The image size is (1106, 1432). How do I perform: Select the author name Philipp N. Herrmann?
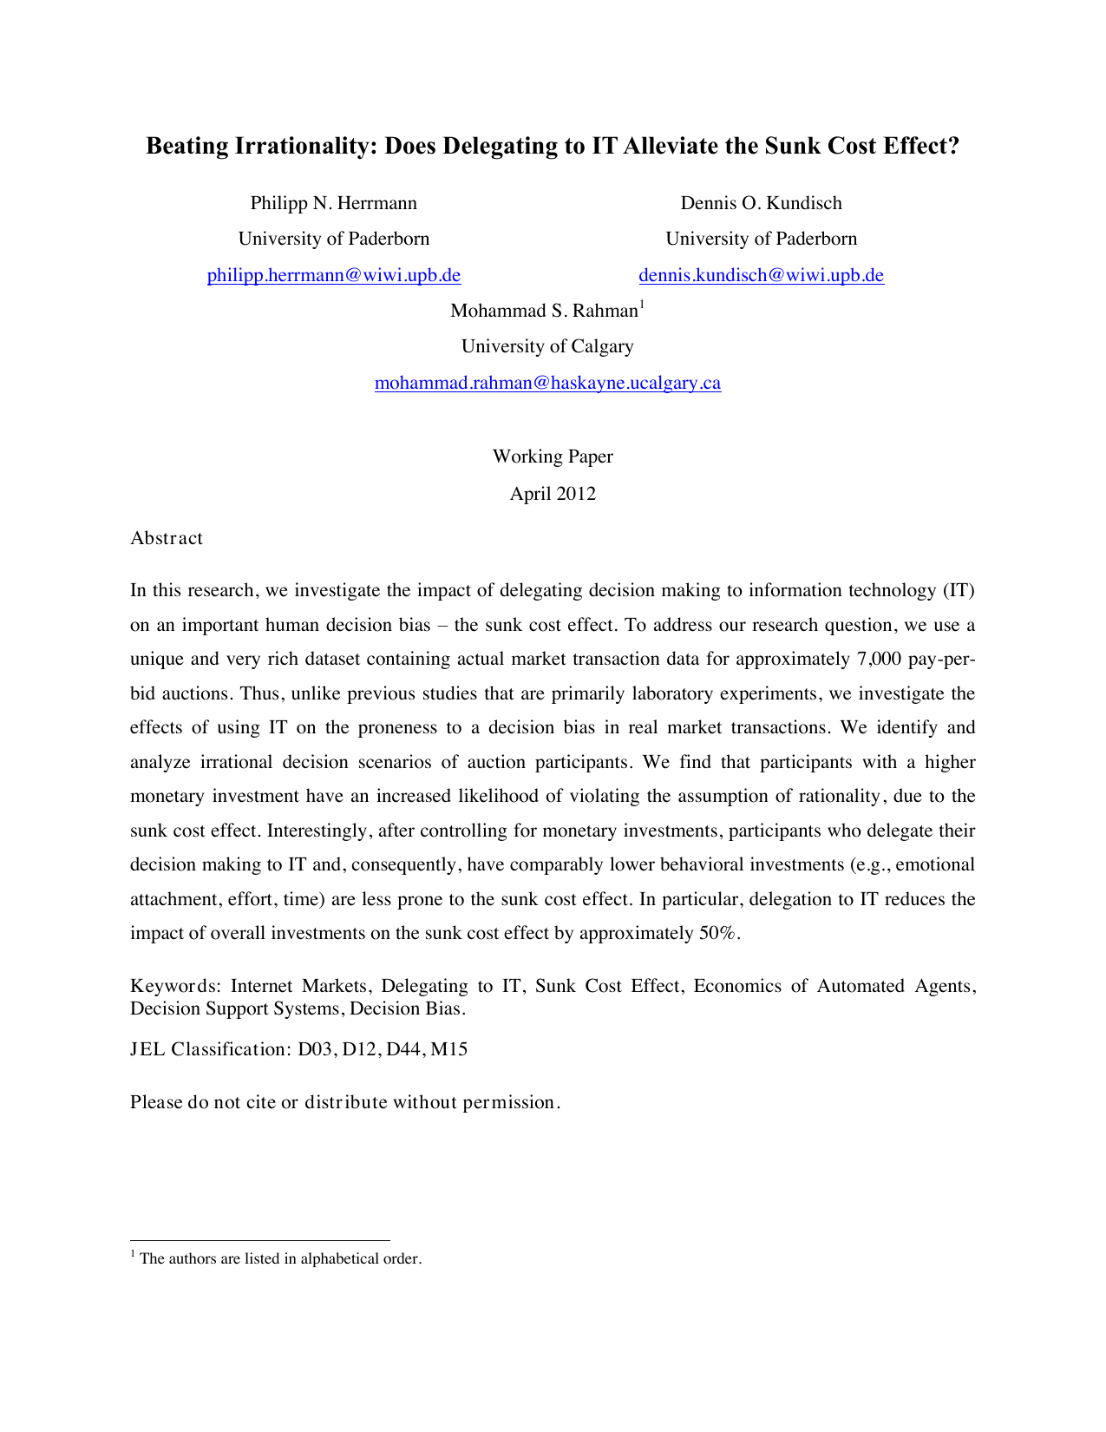(x=333, y=203)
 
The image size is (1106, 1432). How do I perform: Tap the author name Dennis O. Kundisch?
(x=761, y=203)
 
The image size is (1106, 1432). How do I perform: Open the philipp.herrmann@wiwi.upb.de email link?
(x=333, y=276)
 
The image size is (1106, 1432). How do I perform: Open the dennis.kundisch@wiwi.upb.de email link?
(x=761, y=276)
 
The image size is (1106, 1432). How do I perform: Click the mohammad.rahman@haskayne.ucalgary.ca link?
(x=547, y=384)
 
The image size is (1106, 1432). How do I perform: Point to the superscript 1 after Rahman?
(x=642, y=305)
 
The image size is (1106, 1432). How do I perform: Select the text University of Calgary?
(x=547, y=347)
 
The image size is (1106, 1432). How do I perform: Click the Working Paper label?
(x=553, y=457)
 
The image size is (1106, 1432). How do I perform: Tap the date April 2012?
(x=553, y=494)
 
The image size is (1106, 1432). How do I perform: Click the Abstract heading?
(x=167, y=538)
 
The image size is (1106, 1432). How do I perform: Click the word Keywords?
(x=176, y=986)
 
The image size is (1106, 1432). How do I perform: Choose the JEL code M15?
(x=448, y=1049)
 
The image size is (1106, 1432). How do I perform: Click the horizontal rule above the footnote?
(x=259, y=1241)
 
